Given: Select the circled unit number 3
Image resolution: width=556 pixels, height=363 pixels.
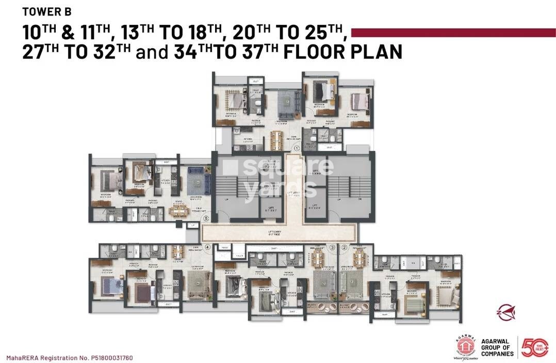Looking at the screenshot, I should [x=332, y=248].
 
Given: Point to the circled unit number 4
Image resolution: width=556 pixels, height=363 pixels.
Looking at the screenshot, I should [x=208, y=247].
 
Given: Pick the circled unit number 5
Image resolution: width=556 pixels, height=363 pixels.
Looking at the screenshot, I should [x=206, y=218].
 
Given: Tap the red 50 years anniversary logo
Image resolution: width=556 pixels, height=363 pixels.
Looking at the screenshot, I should [x=535, y=348].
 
